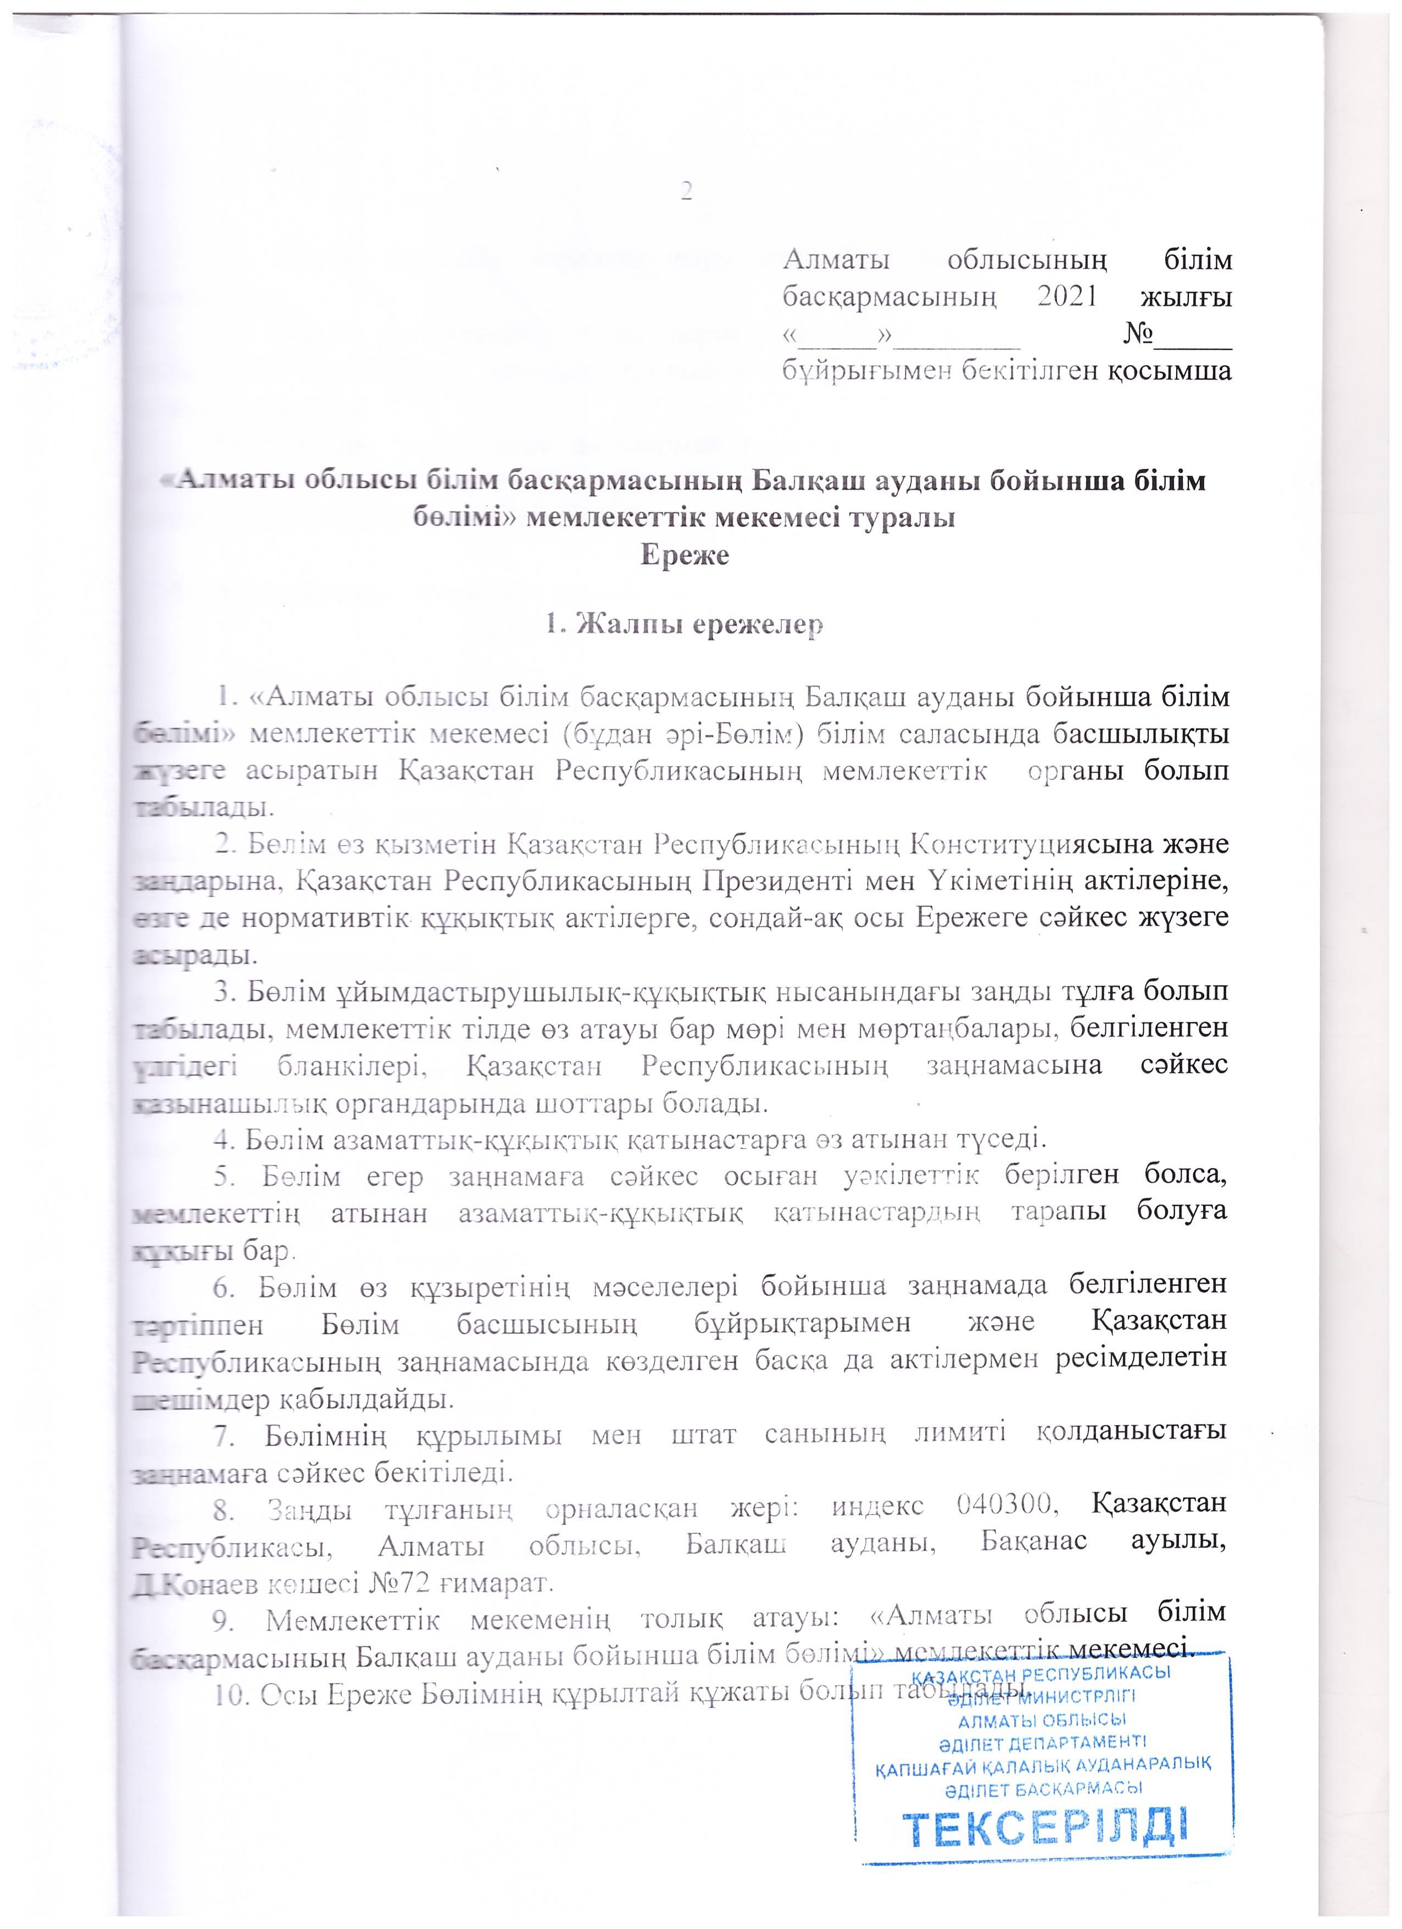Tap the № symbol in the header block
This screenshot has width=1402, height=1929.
(x=1139, y=334)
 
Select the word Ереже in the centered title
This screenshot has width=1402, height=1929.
(x=685, y=556)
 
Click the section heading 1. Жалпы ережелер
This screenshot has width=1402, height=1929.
(x=685, y=625)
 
